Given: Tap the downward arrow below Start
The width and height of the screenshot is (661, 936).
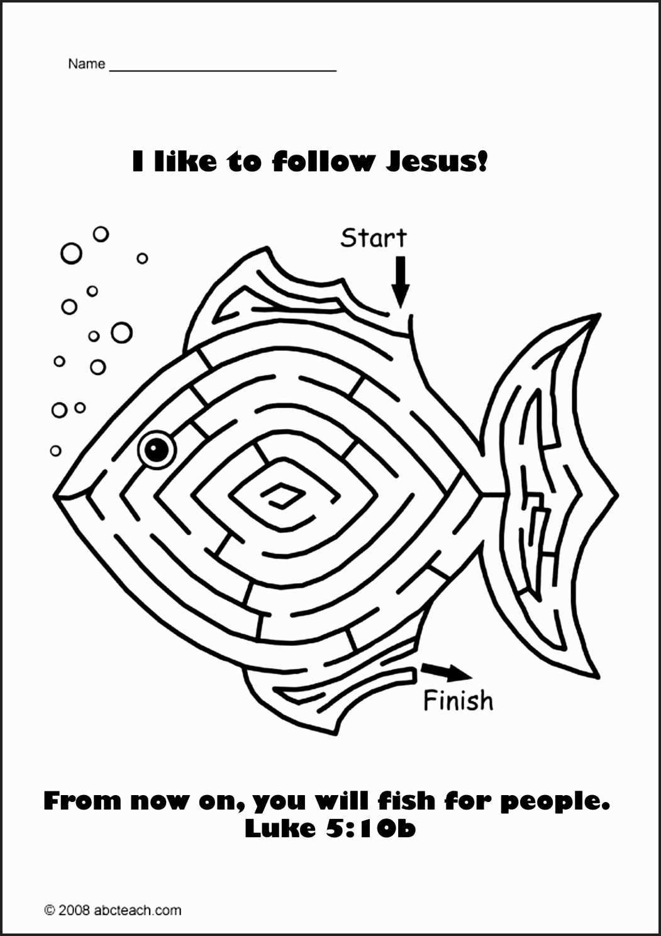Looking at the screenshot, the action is click(400, 282).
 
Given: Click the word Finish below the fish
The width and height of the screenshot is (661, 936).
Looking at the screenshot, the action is click(458, 700).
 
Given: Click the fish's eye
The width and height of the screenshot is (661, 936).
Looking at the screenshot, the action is click(157, 448).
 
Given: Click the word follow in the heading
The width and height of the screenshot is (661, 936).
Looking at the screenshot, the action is click(322, 161).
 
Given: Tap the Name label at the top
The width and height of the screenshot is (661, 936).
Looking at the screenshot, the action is click(87, 64).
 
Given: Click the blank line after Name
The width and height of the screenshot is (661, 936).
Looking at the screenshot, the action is click(223, 71).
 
